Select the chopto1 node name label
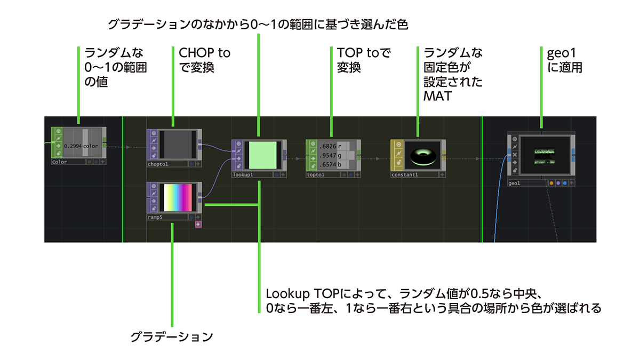[x=158, y=164]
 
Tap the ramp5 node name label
[x=155, y=217]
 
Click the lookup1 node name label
[x=242, y=174]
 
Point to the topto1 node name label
[x=316, y=174]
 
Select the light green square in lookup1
[x=263, y=155]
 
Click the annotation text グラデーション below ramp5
[x=172, y=337]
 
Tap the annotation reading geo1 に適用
[x=560, y=60]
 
